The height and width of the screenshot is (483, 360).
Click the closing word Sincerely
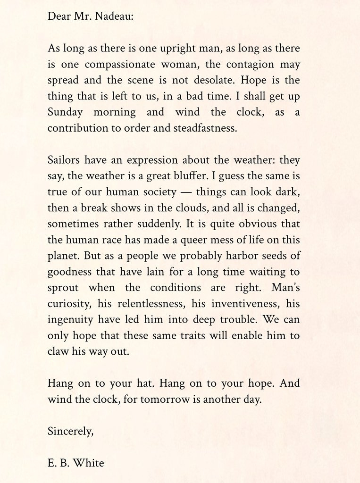(x=70, y=431)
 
